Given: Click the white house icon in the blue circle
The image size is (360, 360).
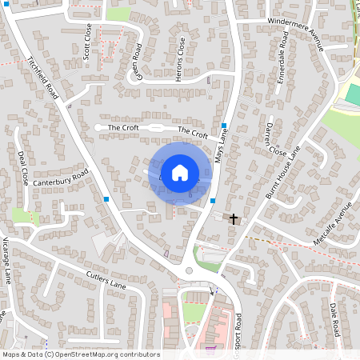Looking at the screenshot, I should (180, 172).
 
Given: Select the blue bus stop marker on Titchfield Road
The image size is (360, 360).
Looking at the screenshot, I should (106, 198).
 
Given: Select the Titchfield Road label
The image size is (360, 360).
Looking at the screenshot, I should (44, 78).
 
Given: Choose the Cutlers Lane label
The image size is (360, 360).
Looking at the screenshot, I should (106, 279).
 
